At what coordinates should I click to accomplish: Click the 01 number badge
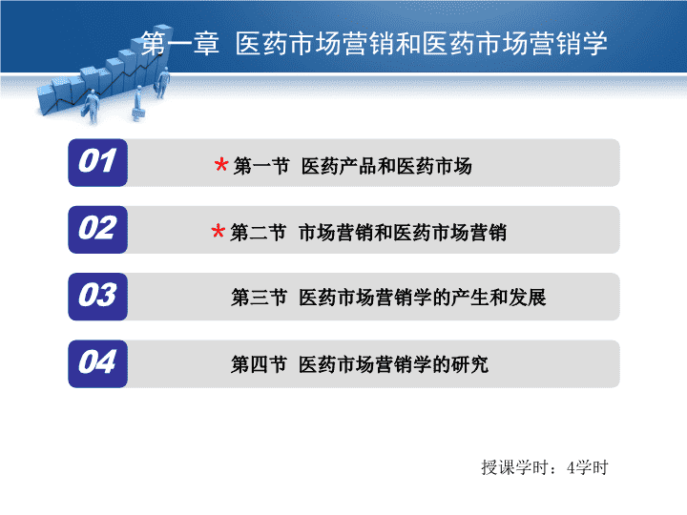97,162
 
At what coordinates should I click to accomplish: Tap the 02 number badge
97,230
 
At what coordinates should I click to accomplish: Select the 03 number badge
97,297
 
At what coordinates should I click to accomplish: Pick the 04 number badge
97,363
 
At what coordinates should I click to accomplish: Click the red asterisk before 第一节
221,165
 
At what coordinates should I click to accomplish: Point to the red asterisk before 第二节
219,231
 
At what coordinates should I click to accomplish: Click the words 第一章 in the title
180,43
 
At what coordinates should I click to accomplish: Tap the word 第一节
261,166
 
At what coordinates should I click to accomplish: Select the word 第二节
258,233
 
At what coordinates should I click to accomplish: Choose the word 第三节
260,298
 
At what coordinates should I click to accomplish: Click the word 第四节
260,364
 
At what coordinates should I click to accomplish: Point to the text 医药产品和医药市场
386,166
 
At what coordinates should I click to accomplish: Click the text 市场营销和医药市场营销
403,233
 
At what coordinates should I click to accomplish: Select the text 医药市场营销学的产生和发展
423,298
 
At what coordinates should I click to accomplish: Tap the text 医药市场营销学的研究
393,364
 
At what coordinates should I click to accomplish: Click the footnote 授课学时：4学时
545,467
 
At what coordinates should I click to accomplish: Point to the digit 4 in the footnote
571,467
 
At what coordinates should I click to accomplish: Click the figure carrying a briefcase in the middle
138,103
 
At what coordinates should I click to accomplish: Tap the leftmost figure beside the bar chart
92,107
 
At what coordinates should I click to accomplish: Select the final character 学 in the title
594,43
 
